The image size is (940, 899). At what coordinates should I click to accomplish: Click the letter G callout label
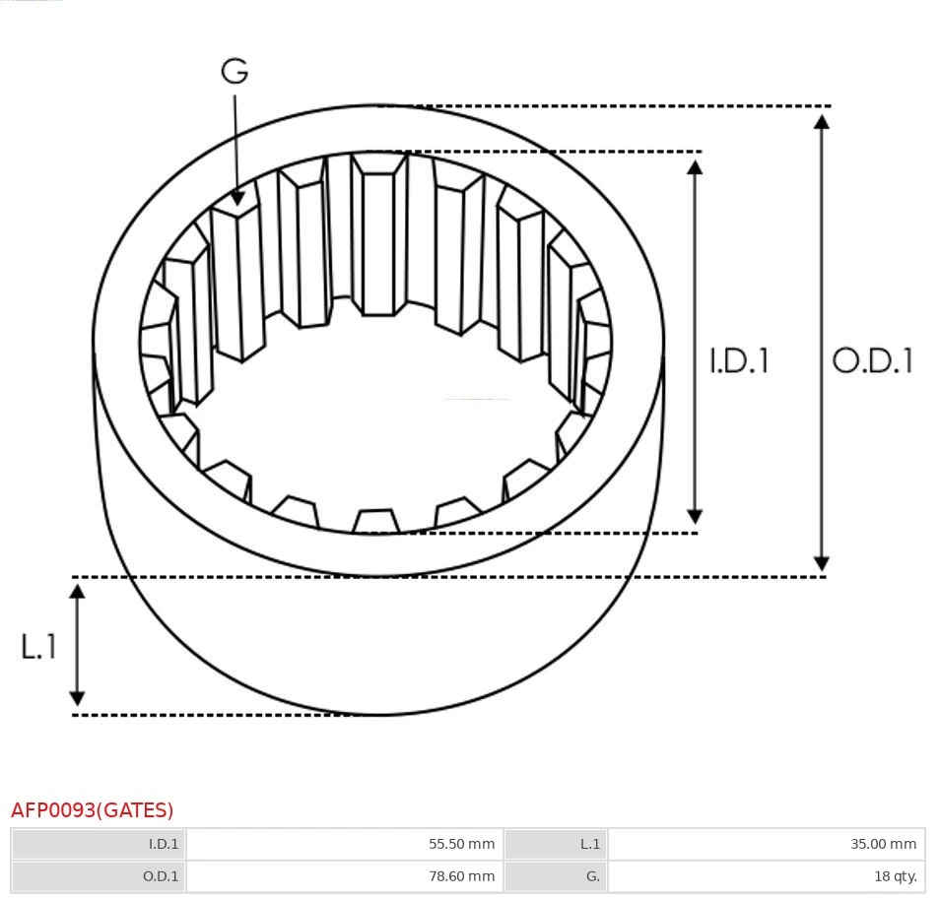tap(235, 71)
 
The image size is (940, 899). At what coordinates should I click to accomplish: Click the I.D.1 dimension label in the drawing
tap(739, 361)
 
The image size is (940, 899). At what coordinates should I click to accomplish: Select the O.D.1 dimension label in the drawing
tap(872, 360)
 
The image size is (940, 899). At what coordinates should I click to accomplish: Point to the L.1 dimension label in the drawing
tap(38, 647)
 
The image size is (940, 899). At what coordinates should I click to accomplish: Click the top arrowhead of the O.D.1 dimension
tap(821, 121)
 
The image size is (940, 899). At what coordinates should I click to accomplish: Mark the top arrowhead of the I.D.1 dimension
tap(695, 166)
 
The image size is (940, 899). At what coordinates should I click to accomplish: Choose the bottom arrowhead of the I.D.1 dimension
tap(695, 517)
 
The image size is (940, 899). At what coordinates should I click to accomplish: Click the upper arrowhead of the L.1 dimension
tap(77, 591)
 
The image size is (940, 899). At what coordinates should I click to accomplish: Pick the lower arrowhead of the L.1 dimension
tap(77, 698)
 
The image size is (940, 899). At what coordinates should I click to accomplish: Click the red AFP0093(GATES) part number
tap(93, 810)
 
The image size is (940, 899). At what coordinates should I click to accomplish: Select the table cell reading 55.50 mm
tap(344, 844)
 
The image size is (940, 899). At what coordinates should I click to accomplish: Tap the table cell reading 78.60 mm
tap(344, 875)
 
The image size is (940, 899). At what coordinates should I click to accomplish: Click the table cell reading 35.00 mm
tap(766, 844)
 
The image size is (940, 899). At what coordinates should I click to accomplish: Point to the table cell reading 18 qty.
tap(766, 875)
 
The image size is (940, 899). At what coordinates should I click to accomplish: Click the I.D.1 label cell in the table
tap(99, 844)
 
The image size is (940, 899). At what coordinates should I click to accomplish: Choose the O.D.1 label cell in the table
tap(99, 875)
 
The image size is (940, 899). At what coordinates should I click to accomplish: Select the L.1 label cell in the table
tap(556, 844)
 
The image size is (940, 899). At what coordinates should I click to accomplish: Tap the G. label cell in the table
tap(556, 875)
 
